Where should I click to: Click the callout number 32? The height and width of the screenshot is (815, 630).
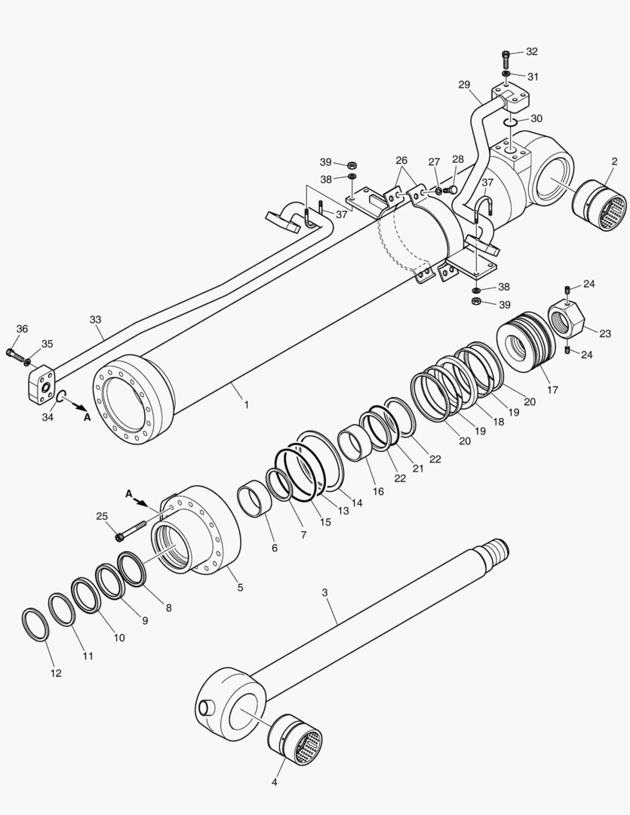[x=532, y=51]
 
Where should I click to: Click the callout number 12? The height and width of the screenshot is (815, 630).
[x=57, y=672]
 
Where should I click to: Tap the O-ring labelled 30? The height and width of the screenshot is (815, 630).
[x=511, y=121]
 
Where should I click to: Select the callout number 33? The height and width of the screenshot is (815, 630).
[x=96, y=320]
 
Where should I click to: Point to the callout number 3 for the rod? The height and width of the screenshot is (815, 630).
[x=325, y=592]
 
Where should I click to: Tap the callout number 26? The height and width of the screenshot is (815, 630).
[x=401, y=161]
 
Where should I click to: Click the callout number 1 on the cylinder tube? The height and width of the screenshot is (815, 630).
[x=246, y=404]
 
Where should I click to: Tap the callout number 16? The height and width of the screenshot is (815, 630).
[x=378, y=491]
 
